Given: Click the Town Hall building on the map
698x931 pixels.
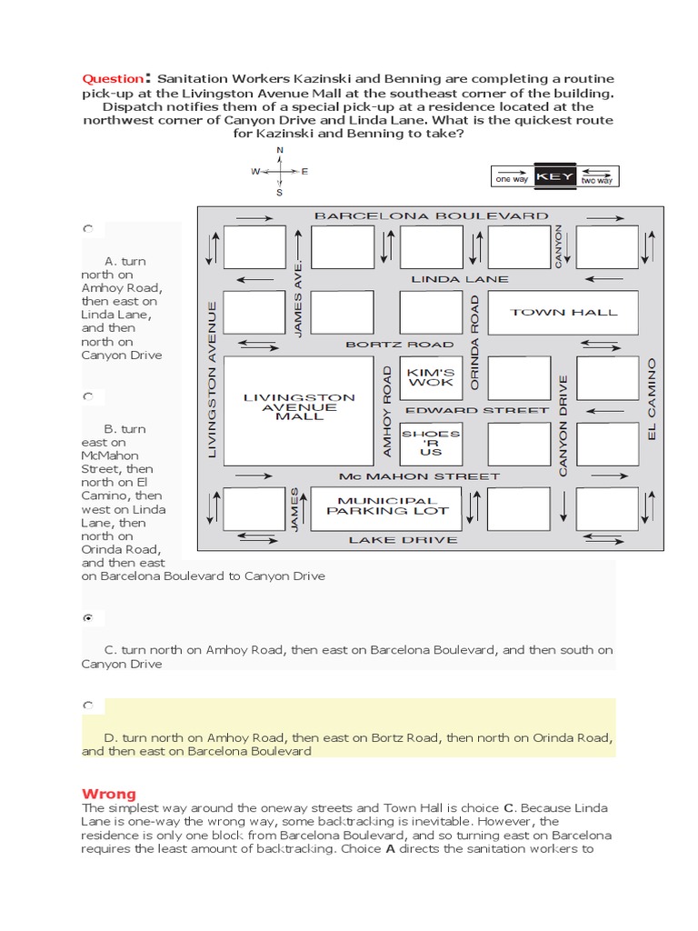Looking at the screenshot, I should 563,313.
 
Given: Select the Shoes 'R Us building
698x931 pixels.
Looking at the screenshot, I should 430,443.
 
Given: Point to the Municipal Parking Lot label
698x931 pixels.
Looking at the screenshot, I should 387,506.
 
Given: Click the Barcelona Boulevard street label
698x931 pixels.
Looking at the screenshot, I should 431,216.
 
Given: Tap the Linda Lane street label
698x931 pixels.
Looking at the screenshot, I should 460,279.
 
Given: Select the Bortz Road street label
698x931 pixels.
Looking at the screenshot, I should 399,345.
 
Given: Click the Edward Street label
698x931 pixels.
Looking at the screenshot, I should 477,410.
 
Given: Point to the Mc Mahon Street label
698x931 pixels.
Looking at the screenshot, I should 419,476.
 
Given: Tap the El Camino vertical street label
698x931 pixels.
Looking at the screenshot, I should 651,400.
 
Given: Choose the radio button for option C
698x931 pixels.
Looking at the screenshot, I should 88,618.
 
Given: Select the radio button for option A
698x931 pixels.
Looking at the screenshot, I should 88,230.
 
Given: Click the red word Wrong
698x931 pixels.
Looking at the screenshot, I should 108,793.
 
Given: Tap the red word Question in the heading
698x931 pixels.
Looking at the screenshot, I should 113,78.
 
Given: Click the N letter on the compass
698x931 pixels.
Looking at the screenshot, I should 279,150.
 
